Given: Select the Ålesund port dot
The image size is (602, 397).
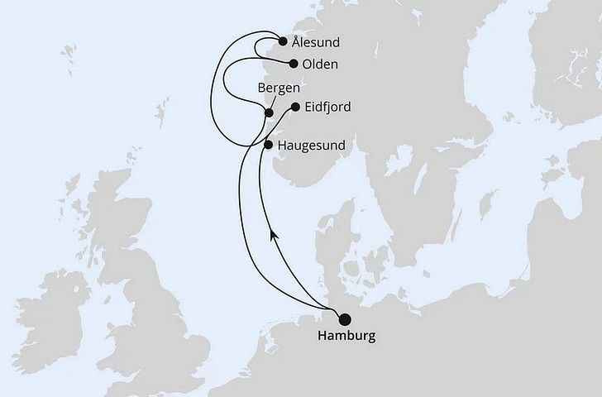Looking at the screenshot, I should coord(284,41).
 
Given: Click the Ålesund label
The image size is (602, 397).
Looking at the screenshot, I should coord(316,41).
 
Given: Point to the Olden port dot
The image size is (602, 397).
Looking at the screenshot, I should coord(294,63).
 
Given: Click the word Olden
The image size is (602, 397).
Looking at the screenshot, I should coord(320,63).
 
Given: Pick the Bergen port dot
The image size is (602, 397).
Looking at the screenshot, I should coord(268,113).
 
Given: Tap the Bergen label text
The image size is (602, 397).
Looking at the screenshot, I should coord(279,88).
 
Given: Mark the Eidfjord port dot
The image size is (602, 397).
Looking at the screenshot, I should coord(296,107).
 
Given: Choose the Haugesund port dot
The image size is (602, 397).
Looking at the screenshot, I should coord(267,144).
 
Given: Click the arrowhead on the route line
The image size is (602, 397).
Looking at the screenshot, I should coord(274,235).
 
